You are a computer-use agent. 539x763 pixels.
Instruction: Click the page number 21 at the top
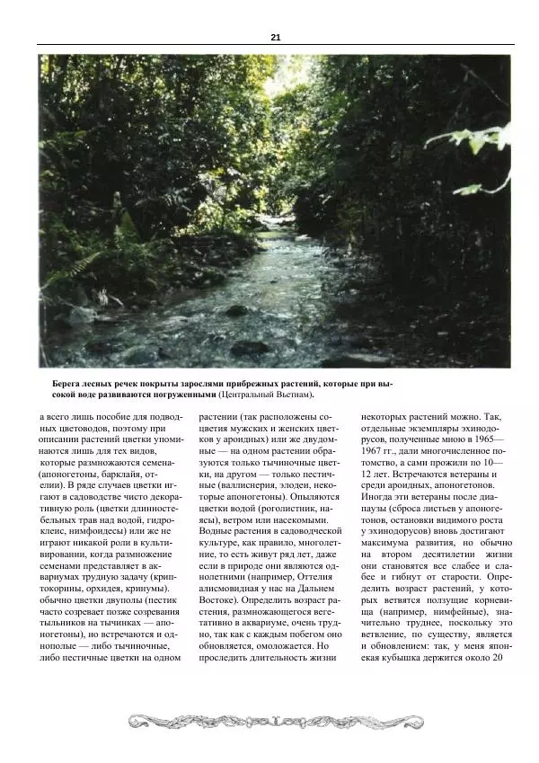[275, 37]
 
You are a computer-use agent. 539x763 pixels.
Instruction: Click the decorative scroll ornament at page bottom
[275, 721]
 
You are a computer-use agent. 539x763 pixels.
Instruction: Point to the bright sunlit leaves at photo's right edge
[485, 144]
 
